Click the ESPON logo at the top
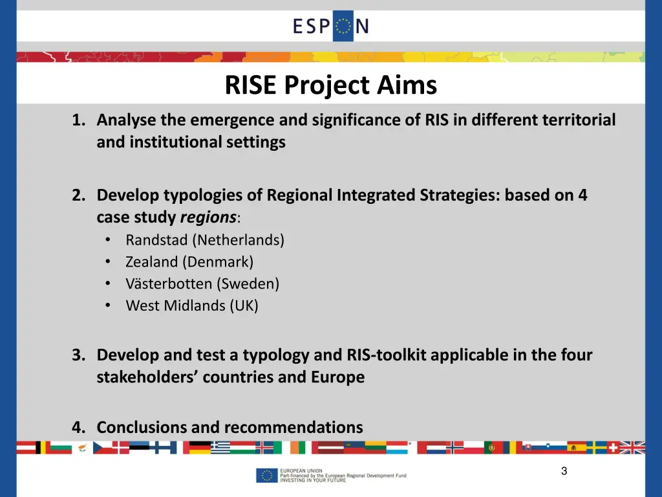330,26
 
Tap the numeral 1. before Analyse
80,120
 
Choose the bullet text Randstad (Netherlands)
205,240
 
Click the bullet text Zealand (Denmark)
189,262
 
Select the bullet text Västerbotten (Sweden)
202,284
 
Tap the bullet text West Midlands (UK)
192,306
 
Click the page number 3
564,472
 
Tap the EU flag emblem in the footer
266,476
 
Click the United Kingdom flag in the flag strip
633,447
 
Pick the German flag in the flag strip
200,447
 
